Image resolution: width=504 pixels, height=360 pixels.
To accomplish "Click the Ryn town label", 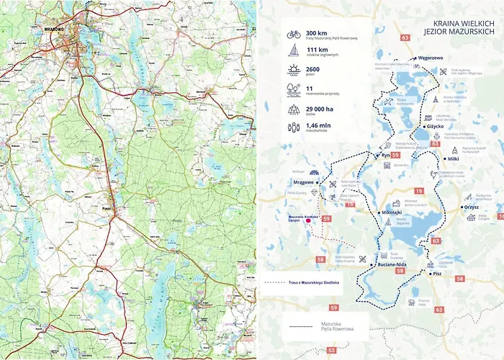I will [x=385, y=155].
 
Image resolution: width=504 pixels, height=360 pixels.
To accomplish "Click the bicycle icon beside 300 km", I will [x=293, y=34].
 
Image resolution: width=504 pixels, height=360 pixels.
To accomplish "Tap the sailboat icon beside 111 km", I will [x=293, y=50].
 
